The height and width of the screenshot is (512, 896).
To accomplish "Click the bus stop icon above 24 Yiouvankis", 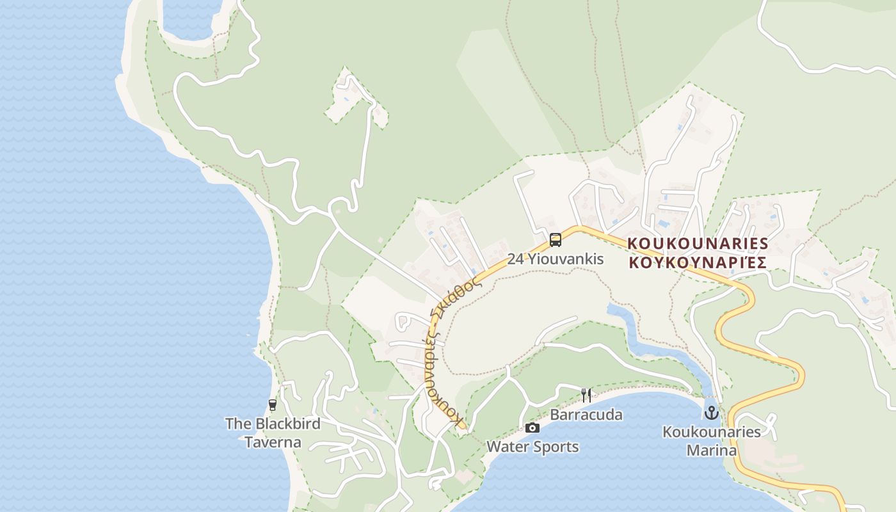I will (x=556, y=240).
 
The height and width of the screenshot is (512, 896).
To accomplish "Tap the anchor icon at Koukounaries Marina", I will (x=711, y=413).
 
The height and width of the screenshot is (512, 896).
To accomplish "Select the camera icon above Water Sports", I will (x=532, y=428).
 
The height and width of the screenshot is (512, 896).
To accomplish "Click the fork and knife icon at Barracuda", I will (x=586, y=395).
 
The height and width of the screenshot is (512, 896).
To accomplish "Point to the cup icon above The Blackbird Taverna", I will (x=273, y=404).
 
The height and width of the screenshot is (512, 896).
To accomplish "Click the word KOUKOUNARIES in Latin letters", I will (x=697, y=243).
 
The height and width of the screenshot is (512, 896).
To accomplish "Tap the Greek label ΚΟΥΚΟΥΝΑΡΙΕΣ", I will (x=697, y=262).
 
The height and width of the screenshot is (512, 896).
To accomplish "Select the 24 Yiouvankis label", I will (x=556, y=259).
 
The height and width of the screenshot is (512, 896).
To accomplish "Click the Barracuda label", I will (x=586, y=415).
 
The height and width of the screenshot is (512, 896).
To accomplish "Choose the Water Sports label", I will (x=532, y=447).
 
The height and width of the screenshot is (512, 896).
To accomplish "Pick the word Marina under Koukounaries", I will (x=711, y=451).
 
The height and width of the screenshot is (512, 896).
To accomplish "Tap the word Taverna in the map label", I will (x=273, y=442).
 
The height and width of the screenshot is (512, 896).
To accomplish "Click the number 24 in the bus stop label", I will (x=515, y=259).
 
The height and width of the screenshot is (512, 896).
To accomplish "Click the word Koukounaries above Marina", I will (x=711, y=432).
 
